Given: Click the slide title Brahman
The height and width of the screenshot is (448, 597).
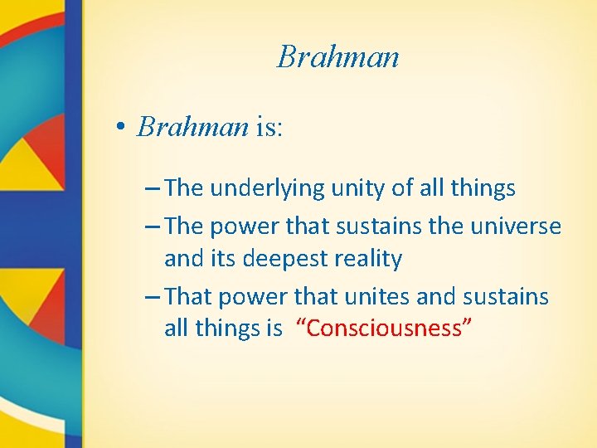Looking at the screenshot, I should [338, 56].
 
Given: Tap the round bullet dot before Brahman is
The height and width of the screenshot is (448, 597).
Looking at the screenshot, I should [120, 127].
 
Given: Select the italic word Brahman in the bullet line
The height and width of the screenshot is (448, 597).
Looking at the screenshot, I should [193, 126].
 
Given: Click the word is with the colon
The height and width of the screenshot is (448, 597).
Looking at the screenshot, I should [269, 126].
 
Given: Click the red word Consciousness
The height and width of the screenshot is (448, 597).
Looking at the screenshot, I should [389, 329].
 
